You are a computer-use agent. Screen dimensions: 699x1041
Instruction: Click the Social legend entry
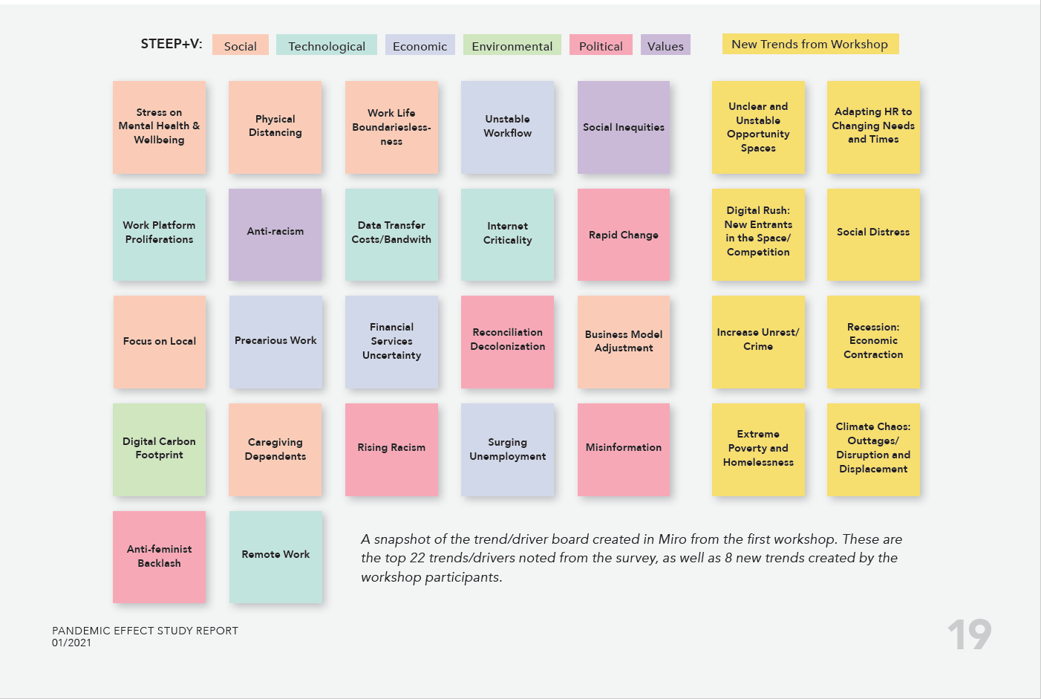point(241,45)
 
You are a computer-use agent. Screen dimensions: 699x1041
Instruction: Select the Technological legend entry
point(327,45)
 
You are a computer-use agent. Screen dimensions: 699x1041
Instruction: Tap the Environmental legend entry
point(512,45)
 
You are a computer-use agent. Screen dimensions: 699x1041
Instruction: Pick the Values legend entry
point(665,45)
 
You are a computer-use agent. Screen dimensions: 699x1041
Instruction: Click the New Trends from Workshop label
point(810,44)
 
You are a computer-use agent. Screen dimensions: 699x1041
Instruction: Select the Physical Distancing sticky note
point(275,127)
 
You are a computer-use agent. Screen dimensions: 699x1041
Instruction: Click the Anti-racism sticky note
point(275,234)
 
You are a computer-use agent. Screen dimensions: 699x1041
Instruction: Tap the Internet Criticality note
point(508,234)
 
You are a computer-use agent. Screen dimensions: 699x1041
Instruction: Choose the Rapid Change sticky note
point(624,234)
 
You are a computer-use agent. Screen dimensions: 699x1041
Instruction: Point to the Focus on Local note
point(160,342)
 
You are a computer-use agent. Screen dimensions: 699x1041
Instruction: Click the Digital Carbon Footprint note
point(160,449)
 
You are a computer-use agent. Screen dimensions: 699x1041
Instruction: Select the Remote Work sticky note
point(275,556)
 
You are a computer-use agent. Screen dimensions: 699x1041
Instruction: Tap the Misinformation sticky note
point(624,449)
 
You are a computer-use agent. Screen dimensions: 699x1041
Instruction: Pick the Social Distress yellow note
point(873,234)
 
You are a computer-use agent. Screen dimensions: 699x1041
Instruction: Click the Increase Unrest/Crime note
point(758,342)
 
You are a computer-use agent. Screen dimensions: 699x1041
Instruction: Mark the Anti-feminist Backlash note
point(160,556)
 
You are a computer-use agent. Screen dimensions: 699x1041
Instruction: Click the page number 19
point(969,635)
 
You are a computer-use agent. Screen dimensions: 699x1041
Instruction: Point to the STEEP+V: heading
point(172,44)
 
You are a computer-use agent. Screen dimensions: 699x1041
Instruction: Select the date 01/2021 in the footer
point(71,643)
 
